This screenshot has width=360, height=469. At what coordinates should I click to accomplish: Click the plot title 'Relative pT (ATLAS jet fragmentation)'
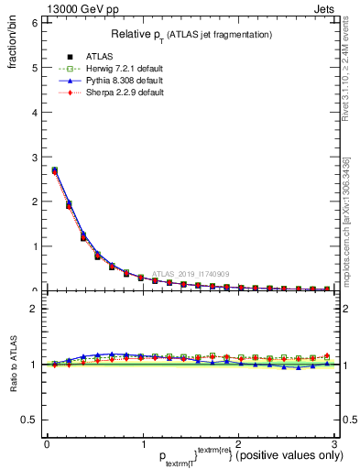coord(191,34)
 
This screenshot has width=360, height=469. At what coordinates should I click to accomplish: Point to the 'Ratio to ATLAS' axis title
coord(14,365)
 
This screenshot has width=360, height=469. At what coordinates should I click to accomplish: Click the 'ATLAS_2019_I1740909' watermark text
coord(192,274)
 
